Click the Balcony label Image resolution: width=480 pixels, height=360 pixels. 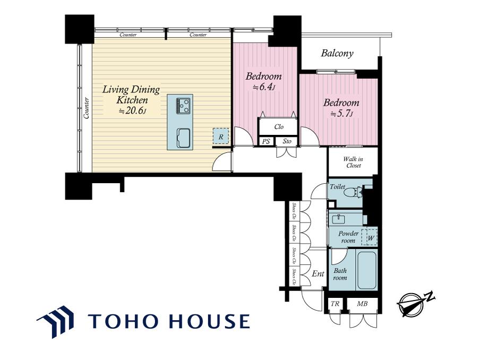point(337,54)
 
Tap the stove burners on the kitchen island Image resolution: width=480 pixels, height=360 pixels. point(184,106)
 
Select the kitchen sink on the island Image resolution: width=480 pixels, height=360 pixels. point(183,136)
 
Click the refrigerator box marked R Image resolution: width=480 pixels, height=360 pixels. point(221,136)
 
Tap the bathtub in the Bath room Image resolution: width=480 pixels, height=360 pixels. point(366,270)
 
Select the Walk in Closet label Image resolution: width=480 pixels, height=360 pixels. point(353,162)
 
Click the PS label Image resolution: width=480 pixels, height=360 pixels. point(267,141)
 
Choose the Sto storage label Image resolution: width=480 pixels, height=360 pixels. point(287,141)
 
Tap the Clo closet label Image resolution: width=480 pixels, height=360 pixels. point(279,127)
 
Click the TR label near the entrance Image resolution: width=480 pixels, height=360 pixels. point(335,304)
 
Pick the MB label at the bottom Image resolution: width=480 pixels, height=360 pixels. point(362,304)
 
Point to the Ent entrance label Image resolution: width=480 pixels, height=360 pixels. point(318,273)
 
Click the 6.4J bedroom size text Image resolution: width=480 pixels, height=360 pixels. point(264,87)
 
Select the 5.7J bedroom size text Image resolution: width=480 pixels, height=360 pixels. point(342,114)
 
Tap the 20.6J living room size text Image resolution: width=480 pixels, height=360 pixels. point(132,111)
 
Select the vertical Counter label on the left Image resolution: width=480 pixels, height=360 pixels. point(87,108)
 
